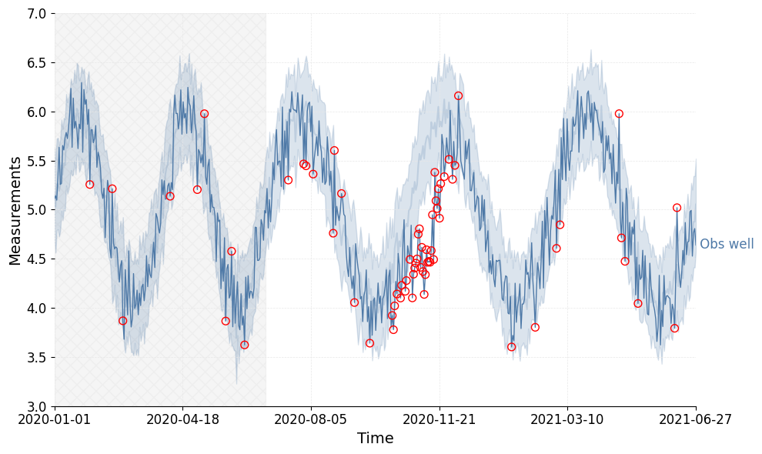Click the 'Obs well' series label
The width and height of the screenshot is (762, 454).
point(726,245)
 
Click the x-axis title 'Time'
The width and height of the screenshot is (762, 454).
point(375,439)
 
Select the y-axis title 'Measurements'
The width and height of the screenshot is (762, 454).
point(16,210)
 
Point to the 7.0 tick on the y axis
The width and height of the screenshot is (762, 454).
point(36,14)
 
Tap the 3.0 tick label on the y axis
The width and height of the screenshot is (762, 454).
point(36,406)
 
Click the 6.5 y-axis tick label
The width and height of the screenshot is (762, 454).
point(36,63)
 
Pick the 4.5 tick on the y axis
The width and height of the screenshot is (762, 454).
point(36,259)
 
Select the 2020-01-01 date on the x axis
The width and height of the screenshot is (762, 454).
point(55,419)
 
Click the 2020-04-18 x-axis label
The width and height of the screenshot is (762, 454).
point(182,419)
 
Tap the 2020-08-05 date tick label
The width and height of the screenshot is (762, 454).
point(311,419)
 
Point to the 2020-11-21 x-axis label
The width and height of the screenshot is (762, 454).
point(439,419)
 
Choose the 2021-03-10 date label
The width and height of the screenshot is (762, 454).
point(567,419)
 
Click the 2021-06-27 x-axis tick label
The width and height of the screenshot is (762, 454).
point(696,419)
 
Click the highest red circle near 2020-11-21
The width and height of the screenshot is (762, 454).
point(458,96)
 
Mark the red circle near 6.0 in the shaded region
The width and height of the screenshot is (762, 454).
point(204,114)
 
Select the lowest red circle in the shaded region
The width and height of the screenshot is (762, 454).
point(244,345)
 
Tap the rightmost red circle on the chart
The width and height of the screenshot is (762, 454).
point(677,208)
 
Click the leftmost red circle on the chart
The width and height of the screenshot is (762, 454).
point(89,185)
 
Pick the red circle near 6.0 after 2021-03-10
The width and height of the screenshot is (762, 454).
point(619,114)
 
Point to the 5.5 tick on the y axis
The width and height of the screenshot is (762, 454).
point(36,161)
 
